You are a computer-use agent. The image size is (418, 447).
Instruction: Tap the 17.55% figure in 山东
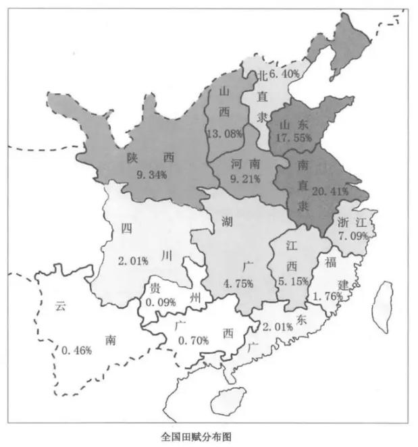294,138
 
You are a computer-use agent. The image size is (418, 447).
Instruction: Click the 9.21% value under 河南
245,180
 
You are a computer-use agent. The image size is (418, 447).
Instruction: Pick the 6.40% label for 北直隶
284,73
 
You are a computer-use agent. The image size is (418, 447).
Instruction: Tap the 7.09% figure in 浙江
353,236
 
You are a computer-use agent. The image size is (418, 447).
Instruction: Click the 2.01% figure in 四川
132,261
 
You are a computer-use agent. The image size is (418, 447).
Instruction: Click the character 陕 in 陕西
132,158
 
